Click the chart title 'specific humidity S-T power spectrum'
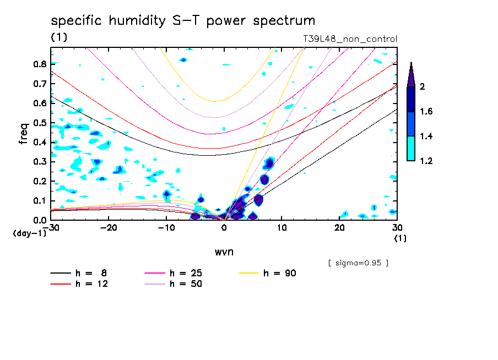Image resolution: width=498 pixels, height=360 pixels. click(x=183, y=21)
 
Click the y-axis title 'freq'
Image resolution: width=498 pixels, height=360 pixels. click(x=23, y=133)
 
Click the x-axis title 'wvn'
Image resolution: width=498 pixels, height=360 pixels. click(x=224, y=252)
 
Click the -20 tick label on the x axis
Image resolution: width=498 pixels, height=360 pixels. click(x=109, y=228)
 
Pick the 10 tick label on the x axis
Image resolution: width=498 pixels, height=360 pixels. click(x=282, y=228)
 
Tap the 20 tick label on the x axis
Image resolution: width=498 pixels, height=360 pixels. click(x=339, y=228)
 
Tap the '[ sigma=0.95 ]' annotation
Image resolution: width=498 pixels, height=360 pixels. click(x=358, y=263)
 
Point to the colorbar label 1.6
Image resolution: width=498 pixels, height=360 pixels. click(x=426, y=112)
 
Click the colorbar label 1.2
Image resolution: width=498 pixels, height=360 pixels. click(x=426, y=161)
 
